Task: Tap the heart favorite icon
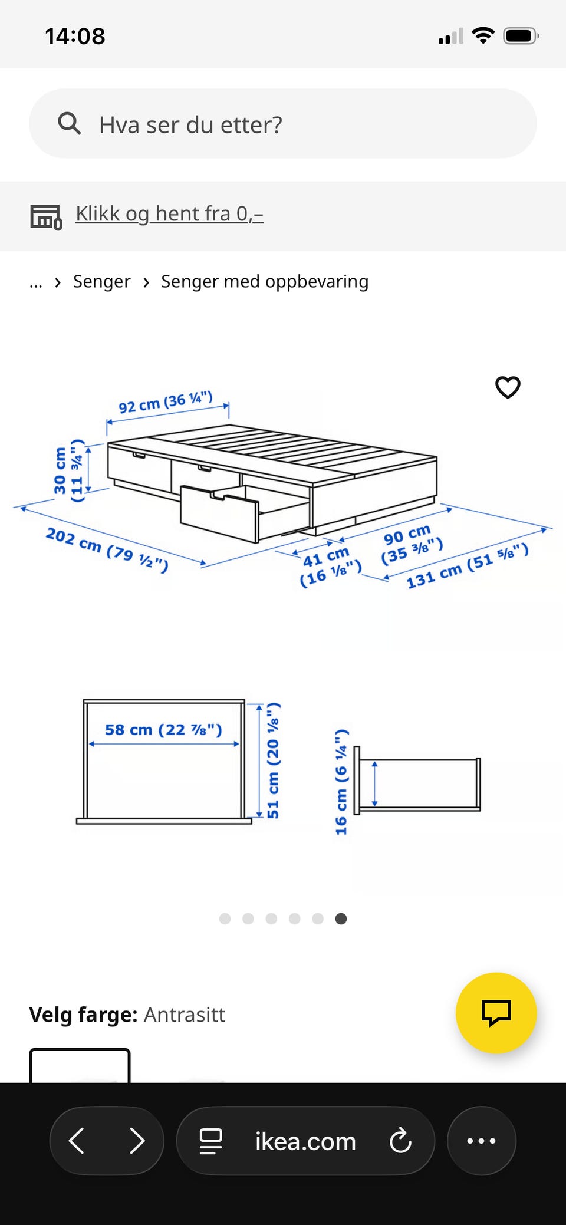click(x=508, y=387)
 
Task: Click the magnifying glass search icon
click(x=69, y=124)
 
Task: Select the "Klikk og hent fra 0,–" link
click(x=169, y=213)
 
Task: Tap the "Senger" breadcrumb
click(x=101, y=282)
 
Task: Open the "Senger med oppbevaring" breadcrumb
click(x=265, y=282)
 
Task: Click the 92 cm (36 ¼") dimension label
click(x=166, y=402)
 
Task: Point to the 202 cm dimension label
click(x=107, y=549)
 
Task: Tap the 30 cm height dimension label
click(x=68, y=470)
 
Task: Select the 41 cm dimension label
click(x=330, y=567)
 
